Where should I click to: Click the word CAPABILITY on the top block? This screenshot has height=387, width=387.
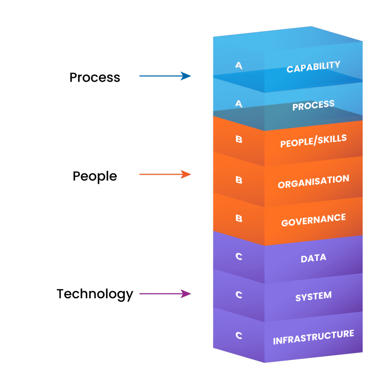click(313, 67)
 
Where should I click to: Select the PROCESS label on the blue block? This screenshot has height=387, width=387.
click(313, 105)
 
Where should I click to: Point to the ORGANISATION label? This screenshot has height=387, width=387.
click(313, 181)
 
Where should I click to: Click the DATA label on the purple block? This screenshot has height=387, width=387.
click(313, 258)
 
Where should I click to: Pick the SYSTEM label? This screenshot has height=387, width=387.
click(313, 296)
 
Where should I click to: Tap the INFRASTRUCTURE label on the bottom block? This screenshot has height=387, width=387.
click(313, 337)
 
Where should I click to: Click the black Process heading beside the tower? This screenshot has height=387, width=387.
click(95, 77)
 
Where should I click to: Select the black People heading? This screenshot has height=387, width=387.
click(95, 176)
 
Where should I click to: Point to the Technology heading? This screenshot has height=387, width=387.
click(95, 294)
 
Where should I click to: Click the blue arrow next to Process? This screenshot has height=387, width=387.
click(166, 76)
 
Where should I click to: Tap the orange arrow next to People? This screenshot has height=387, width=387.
click(166, 174)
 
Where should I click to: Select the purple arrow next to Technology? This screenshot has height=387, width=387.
click(166, 294)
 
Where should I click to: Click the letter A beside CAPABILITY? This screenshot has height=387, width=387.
click(239, 65)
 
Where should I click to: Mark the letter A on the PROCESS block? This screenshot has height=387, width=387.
click(239, 104)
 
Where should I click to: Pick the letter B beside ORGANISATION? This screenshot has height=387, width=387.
click(239, 180)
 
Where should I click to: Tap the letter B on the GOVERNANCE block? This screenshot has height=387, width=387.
click(239, 218)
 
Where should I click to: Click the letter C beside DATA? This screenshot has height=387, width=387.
click(239, 257)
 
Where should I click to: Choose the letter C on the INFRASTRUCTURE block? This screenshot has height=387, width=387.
click(239, 335)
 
